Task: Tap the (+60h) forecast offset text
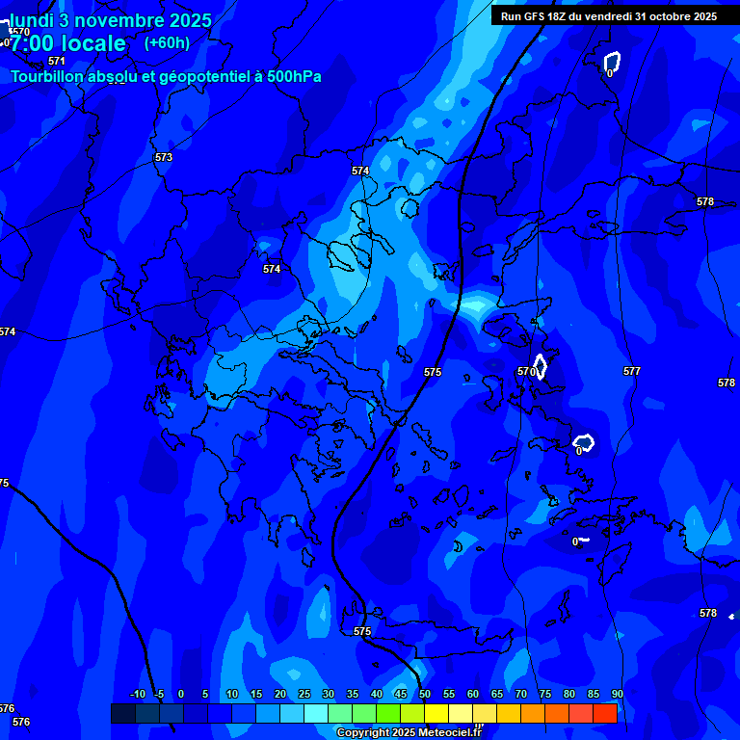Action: (167, 42)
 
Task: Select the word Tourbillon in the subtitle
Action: (49, 76)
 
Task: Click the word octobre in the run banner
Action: (663, 16)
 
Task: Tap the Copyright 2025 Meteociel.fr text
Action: (409, 733)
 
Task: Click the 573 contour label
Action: (164, 157)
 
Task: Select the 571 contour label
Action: (57, 61)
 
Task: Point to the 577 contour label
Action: (632, 371)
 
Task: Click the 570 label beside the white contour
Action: (525, 371)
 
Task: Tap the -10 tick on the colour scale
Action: (137, 695)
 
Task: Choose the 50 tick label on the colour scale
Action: (424, 695)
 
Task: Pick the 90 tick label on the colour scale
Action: (617, 695)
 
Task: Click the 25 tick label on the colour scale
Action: (304, 695)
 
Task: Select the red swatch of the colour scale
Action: (605, 713)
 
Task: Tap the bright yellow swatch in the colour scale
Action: (436, 713)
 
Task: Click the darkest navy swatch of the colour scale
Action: (122, 713)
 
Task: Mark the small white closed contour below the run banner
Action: (612, 64)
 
